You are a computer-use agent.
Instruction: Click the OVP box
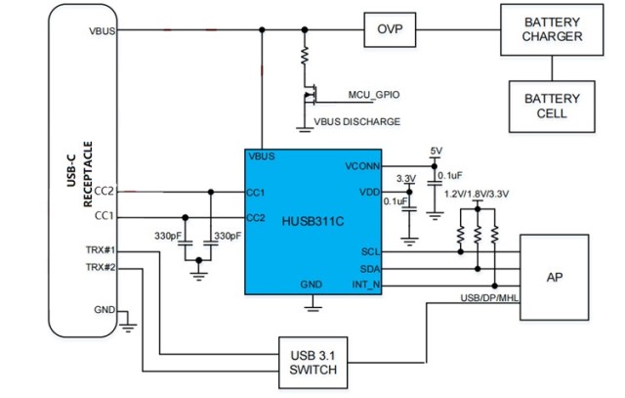(x=390, y=30)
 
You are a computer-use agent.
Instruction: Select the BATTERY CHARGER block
(x=552, y=30)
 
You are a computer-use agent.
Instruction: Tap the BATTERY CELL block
(x=552, y=106)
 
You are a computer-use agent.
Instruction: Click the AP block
(x=554, y=277)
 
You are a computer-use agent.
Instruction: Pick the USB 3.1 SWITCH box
(x=313, y=362)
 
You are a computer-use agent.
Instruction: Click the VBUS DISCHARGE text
(x=356, y=121)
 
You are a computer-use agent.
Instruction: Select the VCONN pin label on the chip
(x=362, y=167)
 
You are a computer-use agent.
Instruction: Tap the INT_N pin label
(x=366, y=285)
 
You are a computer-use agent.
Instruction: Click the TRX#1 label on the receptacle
(x=101, y=250)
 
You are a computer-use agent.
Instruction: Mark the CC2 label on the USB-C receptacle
(x=104, y=191)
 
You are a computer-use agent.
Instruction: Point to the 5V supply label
(x=436, y=151)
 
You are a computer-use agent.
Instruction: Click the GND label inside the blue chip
(x=312, y=284)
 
